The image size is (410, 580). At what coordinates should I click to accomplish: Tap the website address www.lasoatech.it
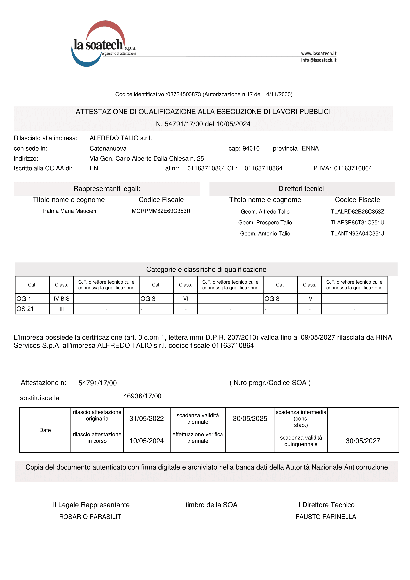[318, 53]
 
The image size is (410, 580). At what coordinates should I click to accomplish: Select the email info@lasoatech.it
[318, 60]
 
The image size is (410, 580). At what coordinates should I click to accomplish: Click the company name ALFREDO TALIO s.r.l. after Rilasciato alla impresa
[121, 138]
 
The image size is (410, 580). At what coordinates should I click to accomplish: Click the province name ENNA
[310, 149]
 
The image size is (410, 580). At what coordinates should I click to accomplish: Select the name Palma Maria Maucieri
[69, 211]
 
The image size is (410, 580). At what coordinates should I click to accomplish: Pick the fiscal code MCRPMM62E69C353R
[161, 211]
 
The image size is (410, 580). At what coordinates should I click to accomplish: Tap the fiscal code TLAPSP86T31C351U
[357, 222]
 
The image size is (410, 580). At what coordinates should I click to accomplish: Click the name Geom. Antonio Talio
[265, 234]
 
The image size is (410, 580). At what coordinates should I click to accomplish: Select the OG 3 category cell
[156, 299]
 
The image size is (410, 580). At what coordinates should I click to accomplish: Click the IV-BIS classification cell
[61, 299]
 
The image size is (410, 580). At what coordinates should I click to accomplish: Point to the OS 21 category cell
[32, 309]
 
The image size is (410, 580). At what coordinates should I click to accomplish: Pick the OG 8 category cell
[280, 299]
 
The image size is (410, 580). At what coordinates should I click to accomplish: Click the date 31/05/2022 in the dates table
[147, 419]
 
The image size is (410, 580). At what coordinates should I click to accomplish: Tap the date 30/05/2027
[363, 441]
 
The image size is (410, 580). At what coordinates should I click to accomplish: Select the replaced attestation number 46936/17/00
[142, 396]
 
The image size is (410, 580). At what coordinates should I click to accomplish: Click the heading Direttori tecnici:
[302, 189]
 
